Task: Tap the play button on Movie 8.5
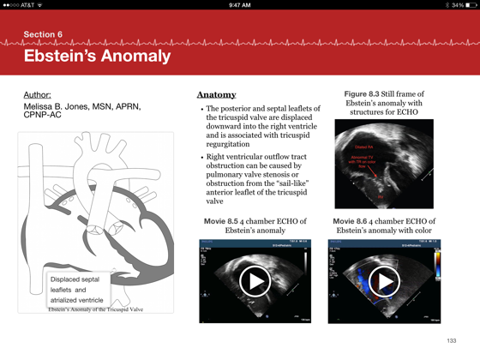click(255, 280)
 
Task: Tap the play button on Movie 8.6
click(383, 280)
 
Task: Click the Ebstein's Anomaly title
click(97, 57)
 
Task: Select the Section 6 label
click(43, 34)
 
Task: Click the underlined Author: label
click(37, 94)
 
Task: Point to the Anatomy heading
click(216, 94)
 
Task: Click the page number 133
click(452, 341)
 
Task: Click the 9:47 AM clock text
click(240, 5)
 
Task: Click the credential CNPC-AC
click(42, 115)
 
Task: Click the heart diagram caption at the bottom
click(95, 309)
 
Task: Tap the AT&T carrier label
click(27, 5)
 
